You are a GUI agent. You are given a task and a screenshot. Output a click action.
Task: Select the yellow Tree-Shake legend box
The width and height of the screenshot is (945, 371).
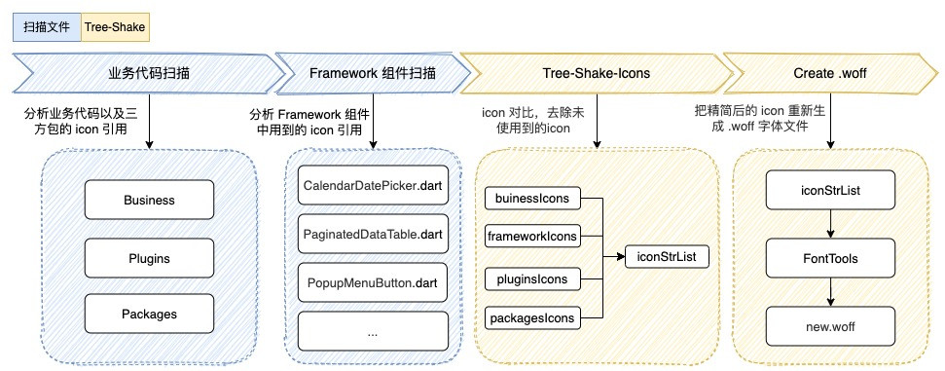tap(115, 27)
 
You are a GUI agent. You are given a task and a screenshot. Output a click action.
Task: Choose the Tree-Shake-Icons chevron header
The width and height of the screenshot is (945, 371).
tap(596, 73)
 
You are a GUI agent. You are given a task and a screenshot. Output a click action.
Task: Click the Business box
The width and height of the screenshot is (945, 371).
tap(149, 201)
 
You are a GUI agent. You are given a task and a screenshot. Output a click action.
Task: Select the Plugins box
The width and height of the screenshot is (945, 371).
tap(149, 258)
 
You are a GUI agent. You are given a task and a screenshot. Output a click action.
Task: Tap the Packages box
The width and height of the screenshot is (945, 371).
tap(149, 315)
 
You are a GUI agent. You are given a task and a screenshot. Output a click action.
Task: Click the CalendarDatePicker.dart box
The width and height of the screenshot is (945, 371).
tap(372, 184)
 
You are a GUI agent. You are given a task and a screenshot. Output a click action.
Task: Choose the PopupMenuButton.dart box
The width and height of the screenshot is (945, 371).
tap(372, 282)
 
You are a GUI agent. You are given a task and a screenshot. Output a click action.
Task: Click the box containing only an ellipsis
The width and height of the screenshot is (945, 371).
tap(372, 331)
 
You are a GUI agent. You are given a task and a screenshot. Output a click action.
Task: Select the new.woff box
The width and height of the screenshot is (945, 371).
tap(828, 320)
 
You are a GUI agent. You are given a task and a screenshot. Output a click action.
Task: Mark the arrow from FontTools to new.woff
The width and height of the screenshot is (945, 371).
tap(828, 289)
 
